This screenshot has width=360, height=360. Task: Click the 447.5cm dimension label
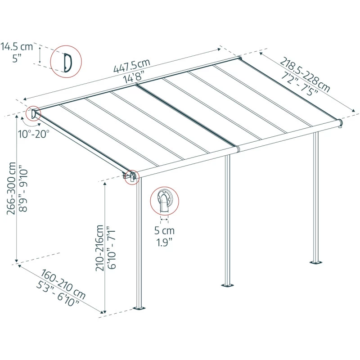click(131, 66)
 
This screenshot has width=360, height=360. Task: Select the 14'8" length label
click(136, 77)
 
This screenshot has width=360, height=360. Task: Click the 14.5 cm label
click(16, 46)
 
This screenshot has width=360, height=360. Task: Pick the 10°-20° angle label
click(34, 133)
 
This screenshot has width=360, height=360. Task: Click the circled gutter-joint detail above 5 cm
click(164, 201)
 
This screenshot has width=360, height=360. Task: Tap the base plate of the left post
click(140, 308)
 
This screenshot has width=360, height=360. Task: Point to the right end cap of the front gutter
click(340, 122)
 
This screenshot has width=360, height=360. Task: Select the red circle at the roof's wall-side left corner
click(34, 112)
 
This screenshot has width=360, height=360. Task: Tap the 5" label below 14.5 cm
click(16, 58)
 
